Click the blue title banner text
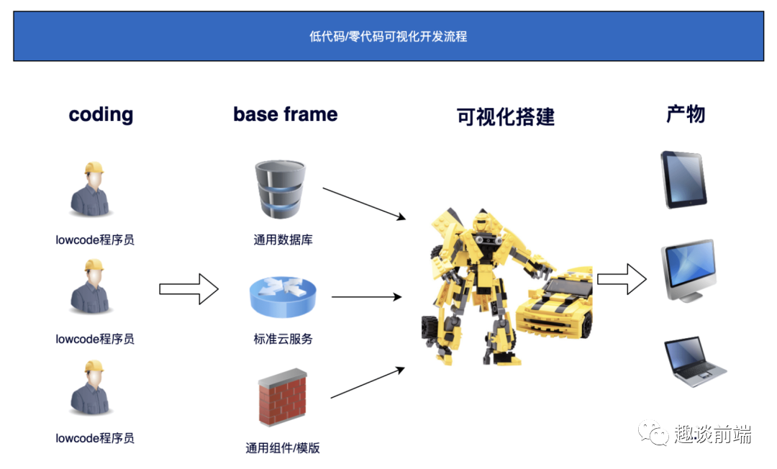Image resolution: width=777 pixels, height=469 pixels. coord(388,36)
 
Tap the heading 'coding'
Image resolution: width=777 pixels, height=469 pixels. coord(101,115)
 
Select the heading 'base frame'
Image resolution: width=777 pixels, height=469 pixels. coord(285,114)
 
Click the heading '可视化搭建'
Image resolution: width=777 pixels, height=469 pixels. coord(506,117)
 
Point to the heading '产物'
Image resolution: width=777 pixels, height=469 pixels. coord(685,114)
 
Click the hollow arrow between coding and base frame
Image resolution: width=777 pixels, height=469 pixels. coord(188,288)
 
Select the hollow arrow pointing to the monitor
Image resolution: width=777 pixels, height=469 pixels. coord(622,278)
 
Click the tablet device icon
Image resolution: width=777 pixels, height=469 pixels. coord(684,179)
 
